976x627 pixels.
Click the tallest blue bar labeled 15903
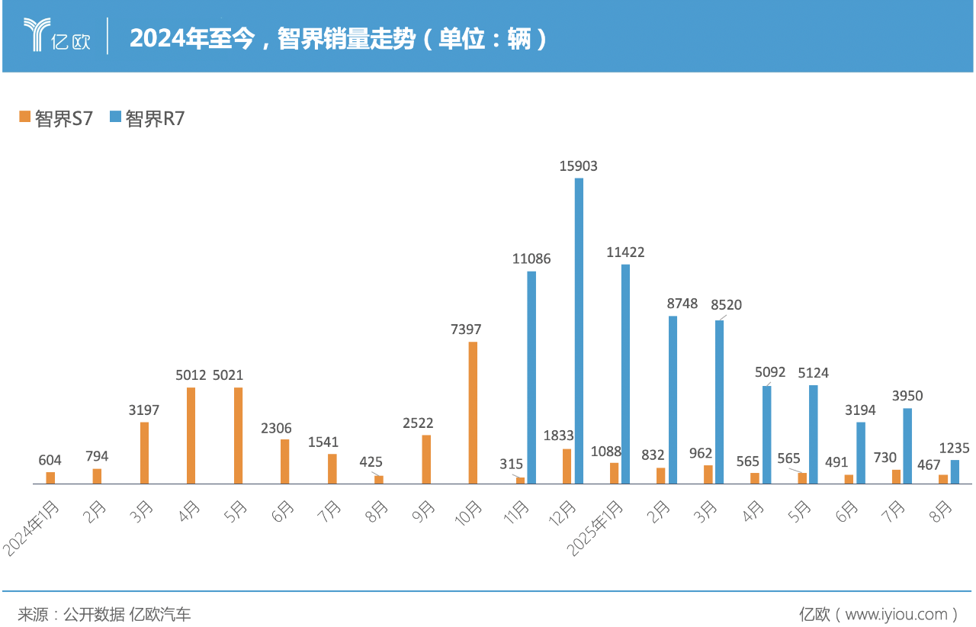tap(579, 331)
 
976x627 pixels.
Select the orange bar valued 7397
tap(473, 413)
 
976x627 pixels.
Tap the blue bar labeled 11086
tap(531, 378)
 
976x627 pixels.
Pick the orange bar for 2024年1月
tap(50, 477)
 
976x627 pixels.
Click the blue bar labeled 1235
tap(955, 471)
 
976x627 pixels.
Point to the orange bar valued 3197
tap(144, 453)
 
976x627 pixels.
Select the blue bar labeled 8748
tap(673, 400)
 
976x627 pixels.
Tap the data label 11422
tap(625, 252)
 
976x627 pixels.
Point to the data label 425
tap(371, 461)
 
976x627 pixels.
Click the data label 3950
tap(907, 396)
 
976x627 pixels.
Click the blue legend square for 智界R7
tap(115, 117)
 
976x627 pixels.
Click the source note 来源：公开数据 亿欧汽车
tap(104, 613)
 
